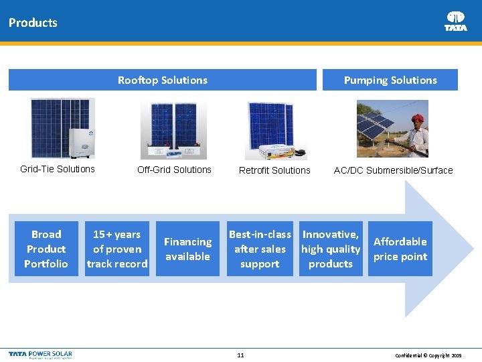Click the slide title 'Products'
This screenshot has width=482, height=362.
coord(33,22)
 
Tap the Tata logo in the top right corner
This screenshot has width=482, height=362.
coord(456,21)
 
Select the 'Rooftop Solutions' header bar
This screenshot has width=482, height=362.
coord(162,80)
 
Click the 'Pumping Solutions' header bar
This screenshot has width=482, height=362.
coord(390,80)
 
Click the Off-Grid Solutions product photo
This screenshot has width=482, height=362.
coord(173,130)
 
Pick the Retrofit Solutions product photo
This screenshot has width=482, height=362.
coord(275,130)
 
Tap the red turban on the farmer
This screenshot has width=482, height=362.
coord(418,119)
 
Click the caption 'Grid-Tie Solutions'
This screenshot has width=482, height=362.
coord(58,169)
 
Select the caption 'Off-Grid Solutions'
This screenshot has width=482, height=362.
coord(174,170)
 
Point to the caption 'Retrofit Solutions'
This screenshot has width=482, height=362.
coord(274,170)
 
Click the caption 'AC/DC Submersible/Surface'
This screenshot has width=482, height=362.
coord(393,170)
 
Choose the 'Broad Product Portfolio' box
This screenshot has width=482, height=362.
coord(46,249)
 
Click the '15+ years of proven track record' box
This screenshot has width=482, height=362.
coord(117,249)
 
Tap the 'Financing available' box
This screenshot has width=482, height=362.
coord(187,249)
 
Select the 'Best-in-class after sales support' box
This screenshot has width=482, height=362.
coord(260,249)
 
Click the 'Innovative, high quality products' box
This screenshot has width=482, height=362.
coord(331,249)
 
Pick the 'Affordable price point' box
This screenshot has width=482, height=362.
coord(400,249)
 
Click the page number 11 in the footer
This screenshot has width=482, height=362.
coord(240,355)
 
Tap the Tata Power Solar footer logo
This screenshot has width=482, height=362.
coord(40,354)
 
